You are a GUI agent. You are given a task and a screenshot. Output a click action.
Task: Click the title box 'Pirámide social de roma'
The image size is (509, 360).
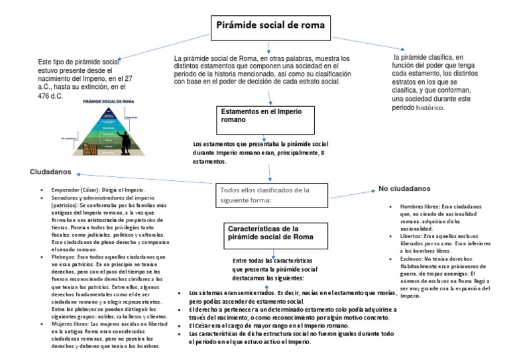[270, 26]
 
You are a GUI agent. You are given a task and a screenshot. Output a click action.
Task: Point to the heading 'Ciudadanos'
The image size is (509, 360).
[51, 172]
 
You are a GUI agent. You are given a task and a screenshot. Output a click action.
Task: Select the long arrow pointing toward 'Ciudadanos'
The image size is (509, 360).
[146, 180]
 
